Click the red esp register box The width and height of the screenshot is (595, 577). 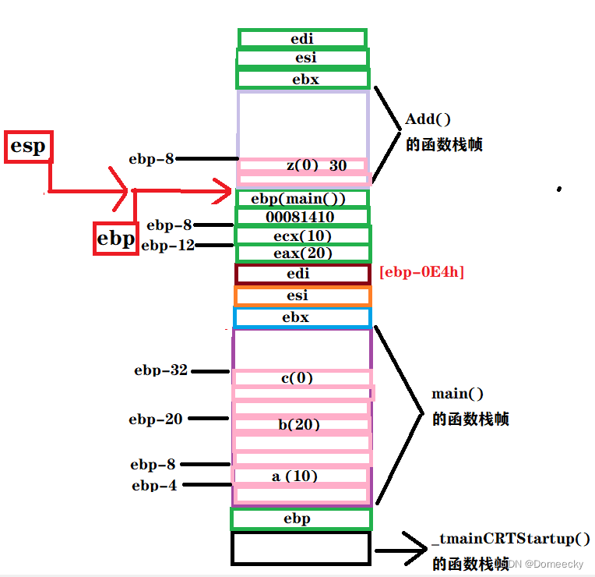point(28,147)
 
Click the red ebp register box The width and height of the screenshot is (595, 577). point(115,238)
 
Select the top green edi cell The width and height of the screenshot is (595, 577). point(302,38)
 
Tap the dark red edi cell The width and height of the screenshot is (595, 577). point(302,274)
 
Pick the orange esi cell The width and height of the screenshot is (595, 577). point(302,296)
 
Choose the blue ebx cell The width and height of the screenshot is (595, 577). point(302,317)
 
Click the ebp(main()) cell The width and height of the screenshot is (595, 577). point(302,198)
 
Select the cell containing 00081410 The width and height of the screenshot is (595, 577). point(302,216)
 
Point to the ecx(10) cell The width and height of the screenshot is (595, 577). point(302,235)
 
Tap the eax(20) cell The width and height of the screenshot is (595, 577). point(302,253)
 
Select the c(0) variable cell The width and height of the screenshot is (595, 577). point(301,377)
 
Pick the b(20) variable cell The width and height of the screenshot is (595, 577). point(301,425)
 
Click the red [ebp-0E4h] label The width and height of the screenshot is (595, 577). point(421,272)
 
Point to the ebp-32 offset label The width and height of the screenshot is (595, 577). point(160,370)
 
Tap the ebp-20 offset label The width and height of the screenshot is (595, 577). point(156,419)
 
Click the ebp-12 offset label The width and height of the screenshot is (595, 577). point(167,246)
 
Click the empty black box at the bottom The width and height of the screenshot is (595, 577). point(301,547)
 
